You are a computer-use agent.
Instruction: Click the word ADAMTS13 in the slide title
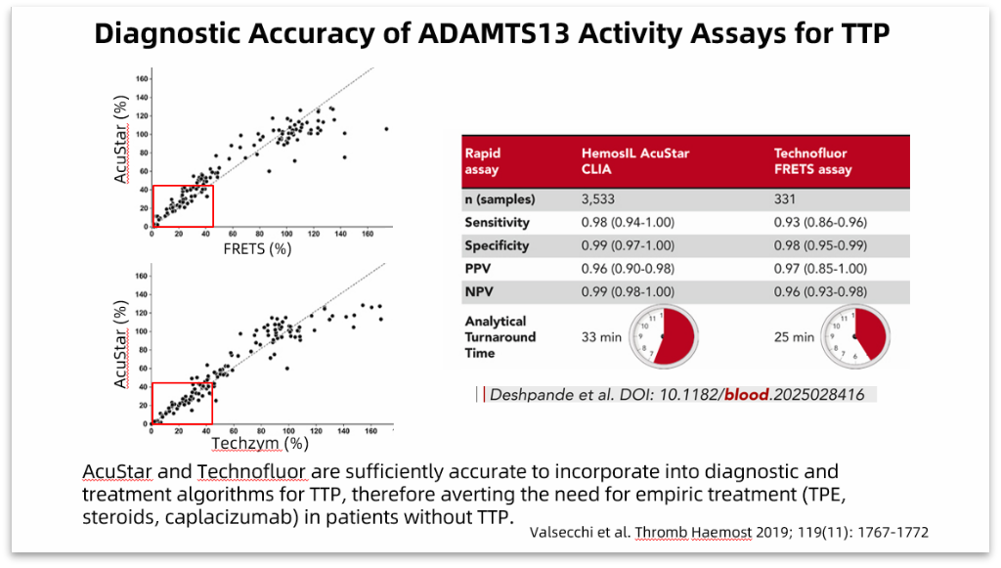point(494,33)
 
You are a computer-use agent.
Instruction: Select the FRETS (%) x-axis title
point(257,249)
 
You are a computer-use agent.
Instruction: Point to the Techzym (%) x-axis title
point(260,443)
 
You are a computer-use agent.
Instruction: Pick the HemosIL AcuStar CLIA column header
point(635,161)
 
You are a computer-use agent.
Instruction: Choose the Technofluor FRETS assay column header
point(812,161)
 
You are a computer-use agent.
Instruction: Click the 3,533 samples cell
point(597,199)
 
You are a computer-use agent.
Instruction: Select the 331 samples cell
point(785,199)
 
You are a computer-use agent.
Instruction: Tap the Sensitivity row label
point(498,222)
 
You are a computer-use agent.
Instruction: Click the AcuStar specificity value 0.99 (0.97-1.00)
point(628,245)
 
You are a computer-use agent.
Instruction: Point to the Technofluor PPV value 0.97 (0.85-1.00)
point(820,269)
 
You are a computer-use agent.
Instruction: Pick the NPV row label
point(479,291)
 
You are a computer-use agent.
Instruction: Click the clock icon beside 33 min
point(664,336)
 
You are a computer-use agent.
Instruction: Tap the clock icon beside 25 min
point(855,336)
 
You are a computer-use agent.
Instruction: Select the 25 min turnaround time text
point(794,337)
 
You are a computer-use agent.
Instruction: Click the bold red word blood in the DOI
point(746,394)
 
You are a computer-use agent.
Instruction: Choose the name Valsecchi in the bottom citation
point(561,532)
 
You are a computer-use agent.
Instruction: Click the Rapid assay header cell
point(483,161)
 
